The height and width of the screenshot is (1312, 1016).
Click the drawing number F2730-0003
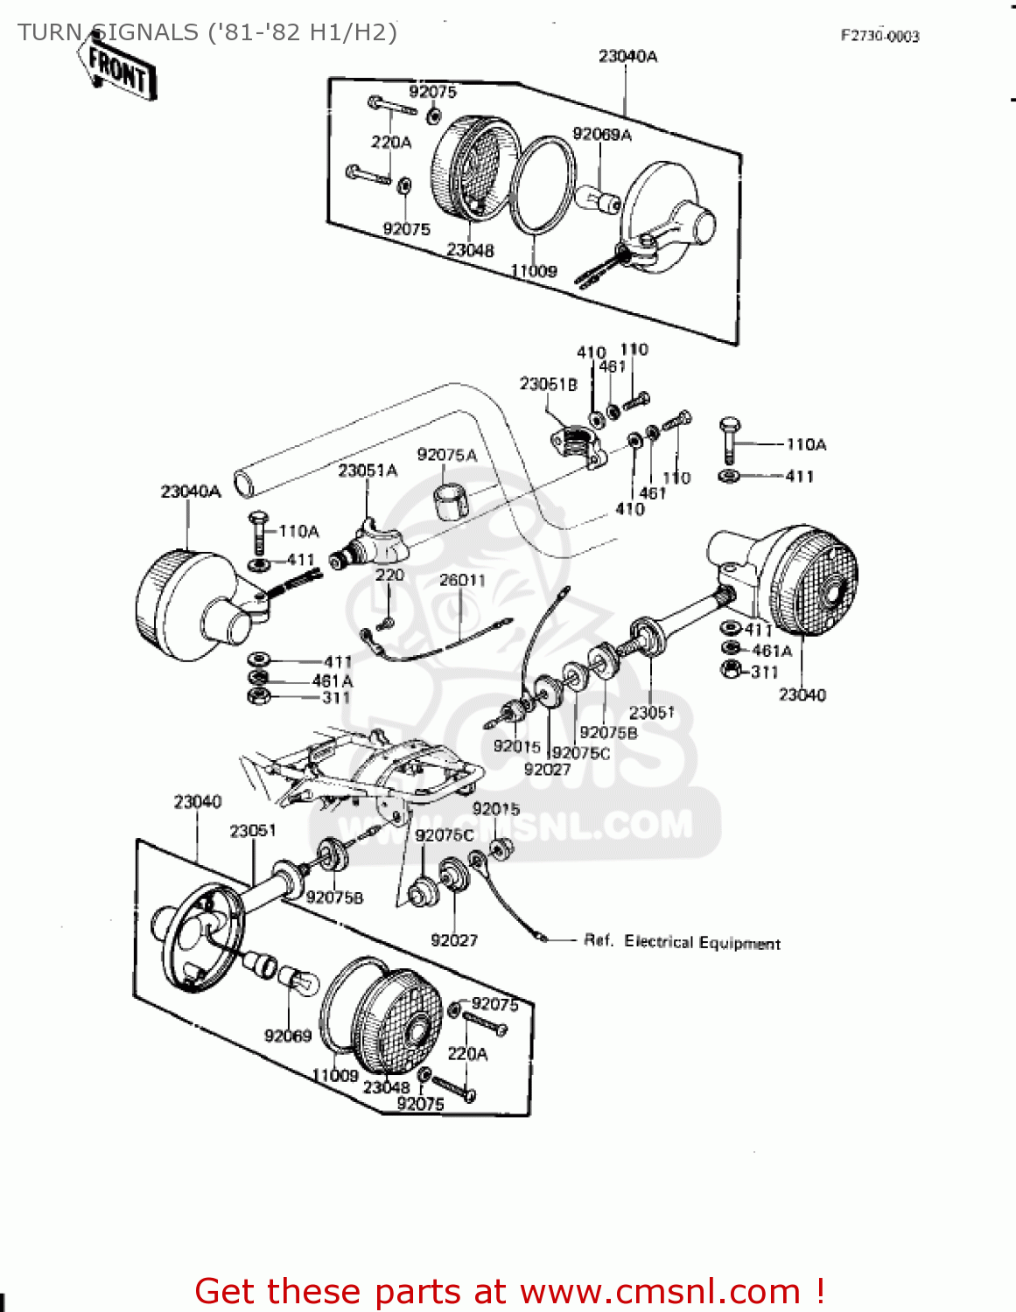point(879,36)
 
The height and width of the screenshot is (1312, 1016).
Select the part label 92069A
point(601,134)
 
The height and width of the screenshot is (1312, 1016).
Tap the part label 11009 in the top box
point(534,271)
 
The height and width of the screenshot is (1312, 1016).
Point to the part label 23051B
point(548,384)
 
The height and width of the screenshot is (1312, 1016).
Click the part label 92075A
point(446,455)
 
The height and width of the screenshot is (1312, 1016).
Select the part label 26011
point(462,580)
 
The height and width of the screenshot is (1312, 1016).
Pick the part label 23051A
point(368,471)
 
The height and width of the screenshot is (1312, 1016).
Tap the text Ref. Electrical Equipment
point(682,942)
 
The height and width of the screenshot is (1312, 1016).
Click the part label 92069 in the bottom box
point(288,1036)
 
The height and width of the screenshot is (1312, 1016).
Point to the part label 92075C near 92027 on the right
point(581,753)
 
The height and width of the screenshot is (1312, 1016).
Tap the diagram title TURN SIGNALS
point(207,32)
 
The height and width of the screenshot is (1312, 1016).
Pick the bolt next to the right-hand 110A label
point(729,441)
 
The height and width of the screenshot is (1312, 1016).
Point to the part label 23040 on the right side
point(802,694)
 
